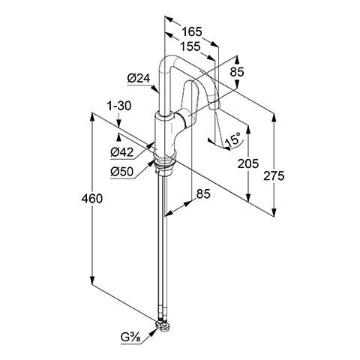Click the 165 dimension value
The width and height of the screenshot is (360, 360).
191,31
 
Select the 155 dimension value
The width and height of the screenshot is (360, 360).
190,46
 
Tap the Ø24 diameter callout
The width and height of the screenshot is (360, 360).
138,79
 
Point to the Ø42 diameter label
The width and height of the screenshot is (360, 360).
122,152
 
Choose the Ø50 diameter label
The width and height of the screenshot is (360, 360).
122,172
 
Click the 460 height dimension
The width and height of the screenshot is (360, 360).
92,199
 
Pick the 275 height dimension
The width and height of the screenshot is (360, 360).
274,176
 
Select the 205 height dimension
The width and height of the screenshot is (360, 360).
248,164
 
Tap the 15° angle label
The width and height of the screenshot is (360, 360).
232,139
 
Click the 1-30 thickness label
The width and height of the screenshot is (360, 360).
119,106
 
